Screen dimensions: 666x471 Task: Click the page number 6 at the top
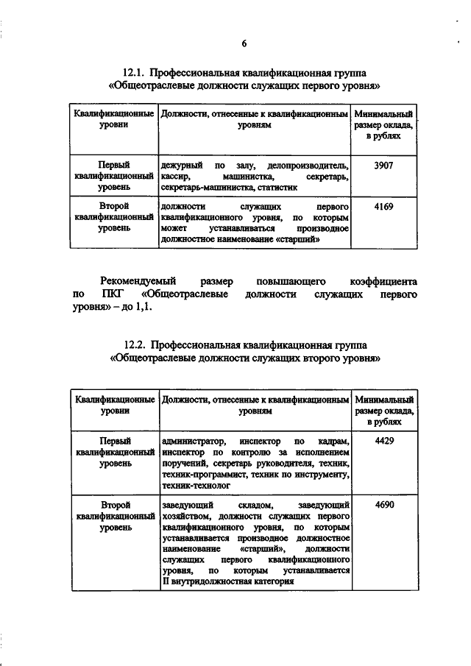[x=244, y=43]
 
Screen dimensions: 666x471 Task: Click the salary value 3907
[x=383, y=166]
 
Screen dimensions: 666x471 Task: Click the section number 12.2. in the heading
[x=140, y=346]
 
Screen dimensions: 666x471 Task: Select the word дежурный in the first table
[x=180, y=166]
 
